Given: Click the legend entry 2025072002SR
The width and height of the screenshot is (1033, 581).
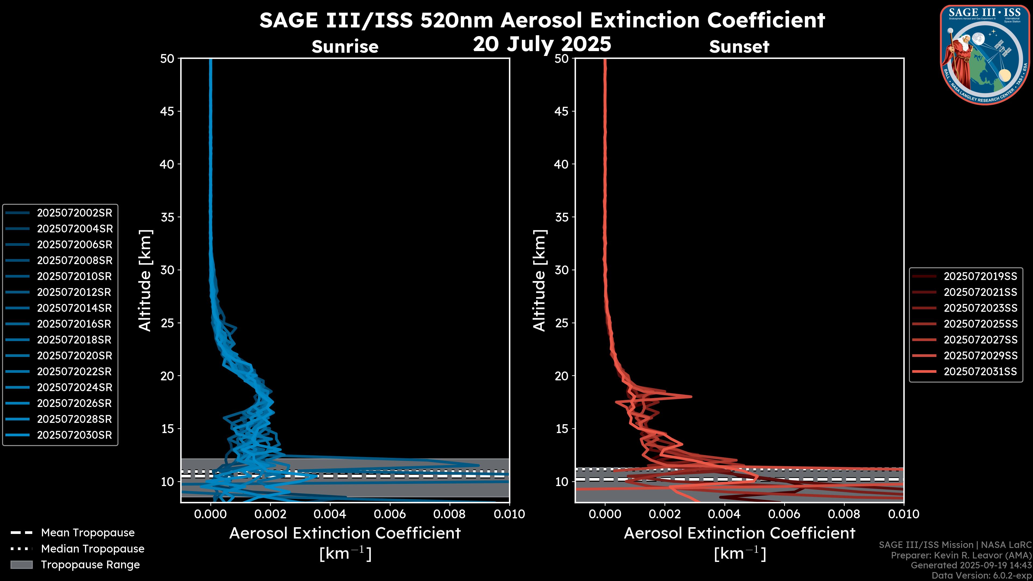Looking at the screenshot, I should tap(75, 213).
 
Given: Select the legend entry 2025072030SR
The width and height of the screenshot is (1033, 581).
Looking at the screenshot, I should tap(75, 435).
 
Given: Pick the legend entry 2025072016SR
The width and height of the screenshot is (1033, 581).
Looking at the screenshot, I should tap(75, 324).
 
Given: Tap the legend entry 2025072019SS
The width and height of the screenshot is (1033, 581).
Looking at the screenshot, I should tap(980, 276).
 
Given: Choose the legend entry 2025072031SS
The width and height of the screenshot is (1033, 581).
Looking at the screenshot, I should tap(980, 372).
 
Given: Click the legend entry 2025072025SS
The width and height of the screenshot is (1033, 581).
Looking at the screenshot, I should tap(980, 324).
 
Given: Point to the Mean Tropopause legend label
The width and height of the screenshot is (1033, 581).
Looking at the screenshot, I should tap(88, 533).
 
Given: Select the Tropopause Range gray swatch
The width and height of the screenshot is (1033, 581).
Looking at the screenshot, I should tap(21, 565).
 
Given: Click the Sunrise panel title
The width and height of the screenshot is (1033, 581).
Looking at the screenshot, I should tap(345, 47).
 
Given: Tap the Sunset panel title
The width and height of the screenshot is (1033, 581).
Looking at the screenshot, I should tap(739, 47).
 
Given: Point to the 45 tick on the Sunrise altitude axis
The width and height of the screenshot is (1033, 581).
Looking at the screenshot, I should tap(167, 111).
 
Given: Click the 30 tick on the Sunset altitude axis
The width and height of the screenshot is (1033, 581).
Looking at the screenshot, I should tap(561, 270).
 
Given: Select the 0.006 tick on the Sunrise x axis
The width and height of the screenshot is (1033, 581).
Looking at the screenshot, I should tap(390, 514).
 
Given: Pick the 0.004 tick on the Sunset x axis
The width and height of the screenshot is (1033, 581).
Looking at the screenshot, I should tap(725, 514).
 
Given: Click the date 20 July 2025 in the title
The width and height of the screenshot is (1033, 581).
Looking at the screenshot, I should tap(542, 44).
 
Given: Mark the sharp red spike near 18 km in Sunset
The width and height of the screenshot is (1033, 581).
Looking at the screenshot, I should tap(691, 396).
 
